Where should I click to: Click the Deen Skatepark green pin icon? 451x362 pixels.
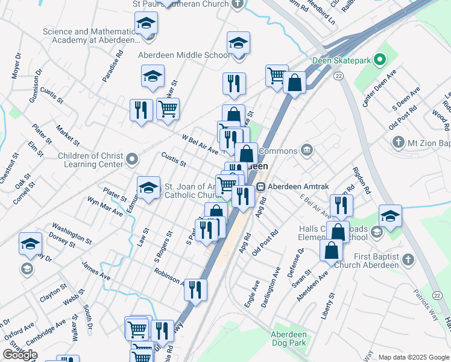[379, 60]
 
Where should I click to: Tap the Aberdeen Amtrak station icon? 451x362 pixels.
[261, 186]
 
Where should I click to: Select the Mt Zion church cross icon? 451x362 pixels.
[397, 142]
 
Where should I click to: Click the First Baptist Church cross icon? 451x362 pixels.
[408, 259]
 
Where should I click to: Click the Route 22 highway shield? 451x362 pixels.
[339, 75]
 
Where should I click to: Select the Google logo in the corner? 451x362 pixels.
[20, 355]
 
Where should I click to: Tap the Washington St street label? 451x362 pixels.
[71, 233]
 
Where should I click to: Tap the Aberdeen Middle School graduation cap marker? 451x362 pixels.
[239, 43]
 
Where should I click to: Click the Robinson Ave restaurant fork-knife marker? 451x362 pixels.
[194, 290]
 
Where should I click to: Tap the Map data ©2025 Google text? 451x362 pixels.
[413, 357]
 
